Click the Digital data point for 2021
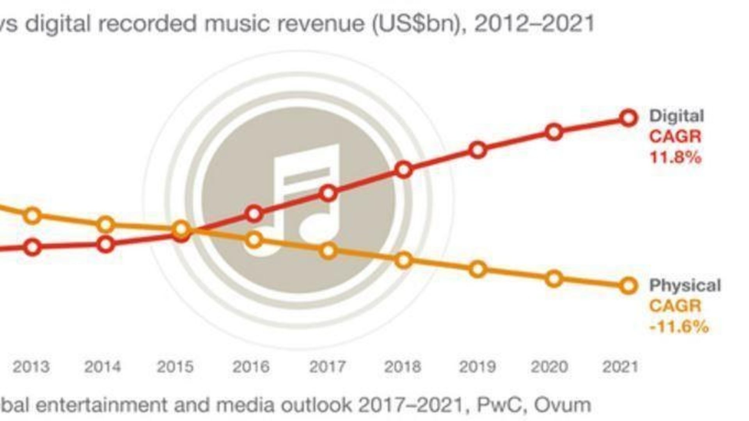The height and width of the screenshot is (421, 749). (x=628, y=118)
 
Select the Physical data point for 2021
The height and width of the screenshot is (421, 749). (x=628, y=286)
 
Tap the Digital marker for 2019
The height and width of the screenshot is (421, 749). (x=478, y=150)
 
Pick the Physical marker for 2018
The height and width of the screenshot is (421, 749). (x=403, y=260)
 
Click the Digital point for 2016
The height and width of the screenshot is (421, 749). (x=254, y=214)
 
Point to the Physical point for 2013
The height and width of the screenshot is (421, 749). (x=33, y=216)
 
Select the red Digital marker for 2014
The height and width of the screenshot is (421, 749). (x=106, y=245)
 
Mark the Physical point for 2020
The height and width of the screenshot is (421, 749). (x=554, y=279)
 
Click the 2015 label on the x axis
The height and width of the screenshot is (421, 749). (x=175, y=367)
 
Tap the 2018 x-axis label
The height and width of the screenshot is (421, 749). (x=403, y=367)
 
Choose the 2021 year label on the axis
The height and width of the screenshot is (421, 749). (x=620, y=367)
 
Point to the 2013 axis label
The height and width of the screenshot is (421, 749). (x=31, y=367)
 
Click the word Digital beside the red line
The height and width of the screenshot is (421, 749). (x=676, y=116)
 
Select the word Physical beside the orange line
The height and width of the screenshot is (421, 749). (x=685, y=286)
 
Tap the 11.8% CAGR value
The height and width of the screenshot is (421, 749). (x=675, y=158)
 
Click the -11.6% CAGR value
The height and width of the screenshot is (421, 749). (x=679, y=327)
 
